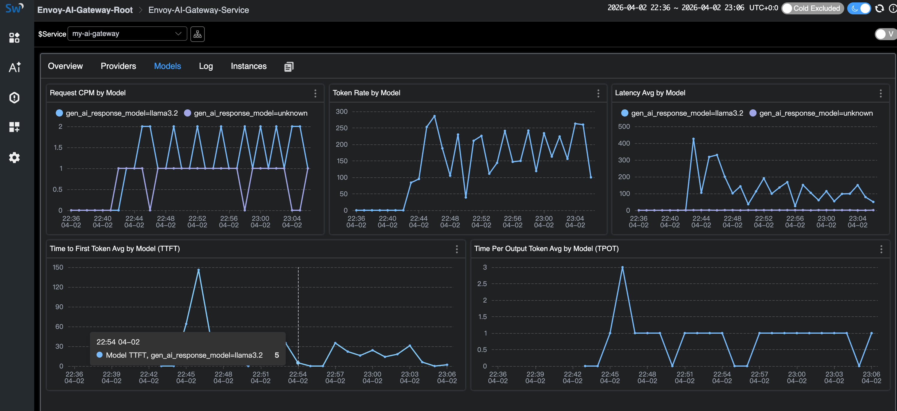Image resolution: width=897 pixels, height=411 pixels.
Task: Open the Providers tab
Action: tap(118, 66)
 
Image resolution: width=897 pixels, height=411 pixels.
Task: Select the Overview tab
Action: tap(65, 66)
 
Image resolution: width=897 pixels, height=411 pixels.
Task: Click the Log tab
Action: tap(205, 66)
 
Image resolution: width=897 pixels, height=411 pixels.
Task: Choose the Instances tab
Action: tap(248, 66)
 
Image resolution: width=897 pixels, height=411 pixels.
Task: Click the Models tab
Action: tap(167, 66)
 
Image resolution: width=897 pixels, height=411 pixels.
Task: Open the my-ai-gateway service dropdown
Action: tap(127, 34)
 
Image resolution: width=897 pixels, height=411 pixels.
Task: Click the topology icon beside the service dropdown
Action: tap(198, 34)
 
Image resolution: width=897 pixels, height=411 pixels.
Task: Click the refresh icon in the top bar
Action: tap(879, 8)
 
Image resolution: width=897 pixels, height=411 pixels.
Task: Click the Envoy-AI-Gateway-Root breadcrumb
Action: tap(85, 10)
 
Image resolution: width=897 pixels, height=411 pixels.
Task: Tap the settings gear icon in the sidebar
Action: tap(14, 158)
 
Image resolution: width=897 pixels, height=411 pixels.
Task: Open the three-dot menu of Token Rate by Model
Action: tap(598, 93)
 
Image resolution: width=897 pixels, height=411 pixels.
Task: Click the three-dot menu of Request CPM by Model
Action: tap(315, 93)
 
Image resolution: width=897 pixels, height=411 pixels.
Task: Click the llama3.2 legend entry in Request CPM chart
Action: tap(117, 113)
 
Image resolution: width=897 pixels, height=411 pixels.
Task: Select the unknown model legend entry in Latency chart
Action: tap(811, 113)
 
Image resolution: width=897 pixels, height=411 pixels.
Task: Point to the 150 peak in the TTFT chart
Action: tap(198, 270)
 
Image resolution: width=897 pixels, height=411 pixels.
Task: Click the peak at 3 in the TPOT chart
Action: tap(622, 267)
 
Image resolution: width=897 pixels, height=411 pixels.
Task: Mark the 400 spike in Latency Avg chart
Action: tap(693, 139)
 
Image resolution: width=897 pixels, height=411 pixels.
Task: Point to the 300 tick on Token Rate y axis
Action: tap(341, 111)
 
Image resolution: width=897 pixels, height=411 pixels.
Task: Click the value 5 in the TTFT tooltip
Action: tap(276, 355)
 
